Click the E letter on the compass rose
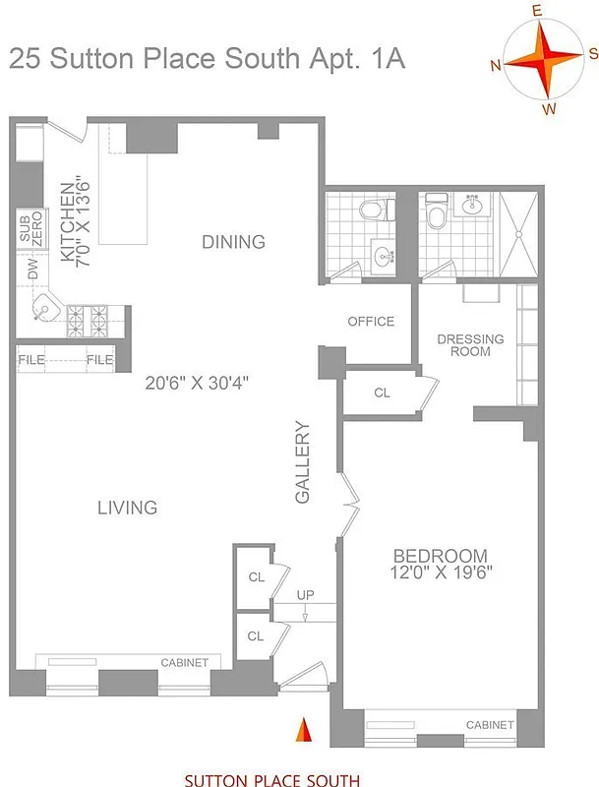[538, 11]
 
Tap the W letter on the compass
[548, 108]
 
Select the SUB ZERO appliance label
[30, 228]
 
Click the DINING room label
[233, 242]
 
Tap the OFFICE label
[371, 322]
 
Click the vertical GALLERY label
[303, 463]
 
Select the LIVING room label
[127, 508]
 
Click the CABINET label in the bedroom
[490, 725]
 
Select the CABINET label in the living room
[184, 663]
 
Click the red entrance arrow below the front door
[304, 731]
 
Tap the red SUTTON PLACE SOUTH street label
[271, 780]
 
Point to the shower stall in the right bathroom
[519, 233]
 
